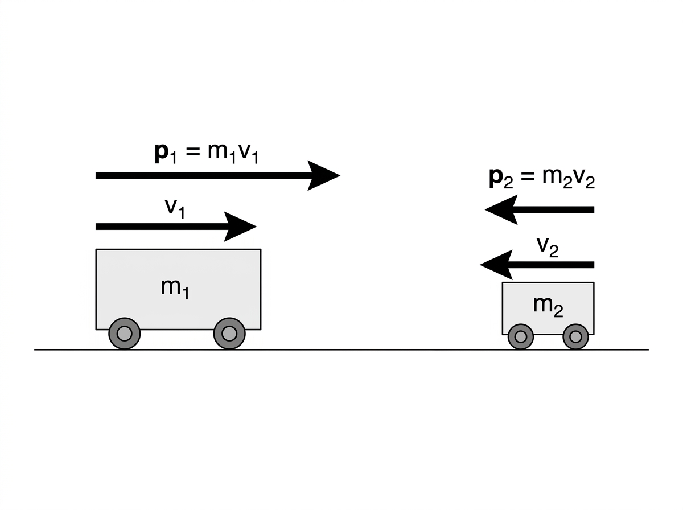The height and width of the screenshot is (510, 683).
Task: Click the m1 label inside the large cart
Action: coord(175,289)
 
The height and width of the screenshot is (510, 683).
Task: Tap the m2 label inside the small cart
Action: coord(548,307)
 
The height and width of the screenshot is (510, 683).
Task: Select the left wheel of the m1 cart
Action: coord(125,334)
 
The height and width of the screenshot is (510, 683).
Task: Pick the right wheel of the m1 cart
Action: coord(229,334)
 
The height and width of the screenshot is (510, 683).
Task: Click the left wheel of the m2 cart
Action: coord(521,337)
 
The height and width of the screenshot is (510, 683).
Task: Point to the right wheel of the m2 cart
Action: coord(575,337)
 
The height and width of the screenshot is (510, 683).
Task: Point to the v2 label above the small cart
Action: coord(548,248)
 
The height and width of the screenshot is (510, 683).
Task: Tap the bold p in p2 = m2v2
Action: coord(496,178)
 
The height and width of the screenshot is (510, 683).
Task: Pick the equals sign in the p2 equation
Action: coord(528,177)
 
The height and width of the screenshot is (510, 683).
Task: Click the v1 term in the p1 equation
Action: coord(248,154)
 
